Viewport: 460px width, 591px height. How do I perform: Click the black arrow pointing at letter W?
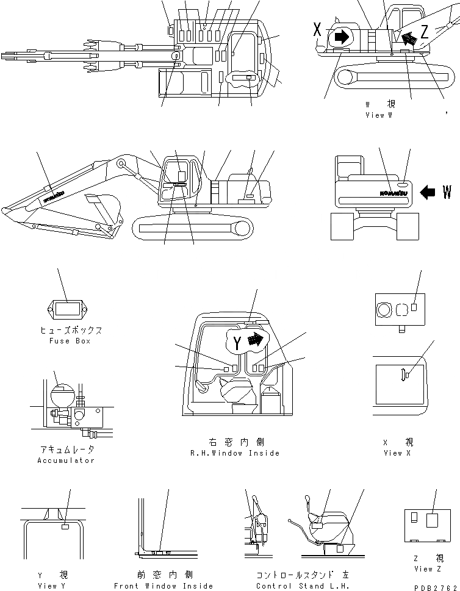[429, 193]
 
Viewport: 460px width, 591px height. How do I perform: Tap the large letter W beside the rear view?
[447, 193]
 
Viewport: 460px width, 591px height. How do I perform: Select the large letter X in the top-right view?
[317, 27]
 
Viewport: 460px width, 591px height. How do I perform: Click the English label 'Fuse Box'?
[69, 341]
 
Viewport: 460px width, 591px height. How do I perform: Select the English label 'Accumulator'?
[66, 460]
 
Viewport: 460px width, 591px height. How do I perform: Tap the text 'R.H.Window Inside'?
[235, 453]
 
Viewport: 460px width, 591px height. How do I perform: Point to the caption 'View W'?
[378, 115]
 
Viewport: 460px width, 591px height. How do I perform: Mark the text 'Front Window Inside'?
[164, 586]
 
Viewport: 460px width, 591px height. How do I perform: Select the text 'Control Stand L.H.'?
[303, 586]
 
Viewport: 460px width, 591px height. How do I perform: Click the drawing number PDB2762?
[435, 586]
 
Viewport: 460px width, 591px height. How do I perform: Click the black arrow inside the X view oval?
[342, 37]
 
